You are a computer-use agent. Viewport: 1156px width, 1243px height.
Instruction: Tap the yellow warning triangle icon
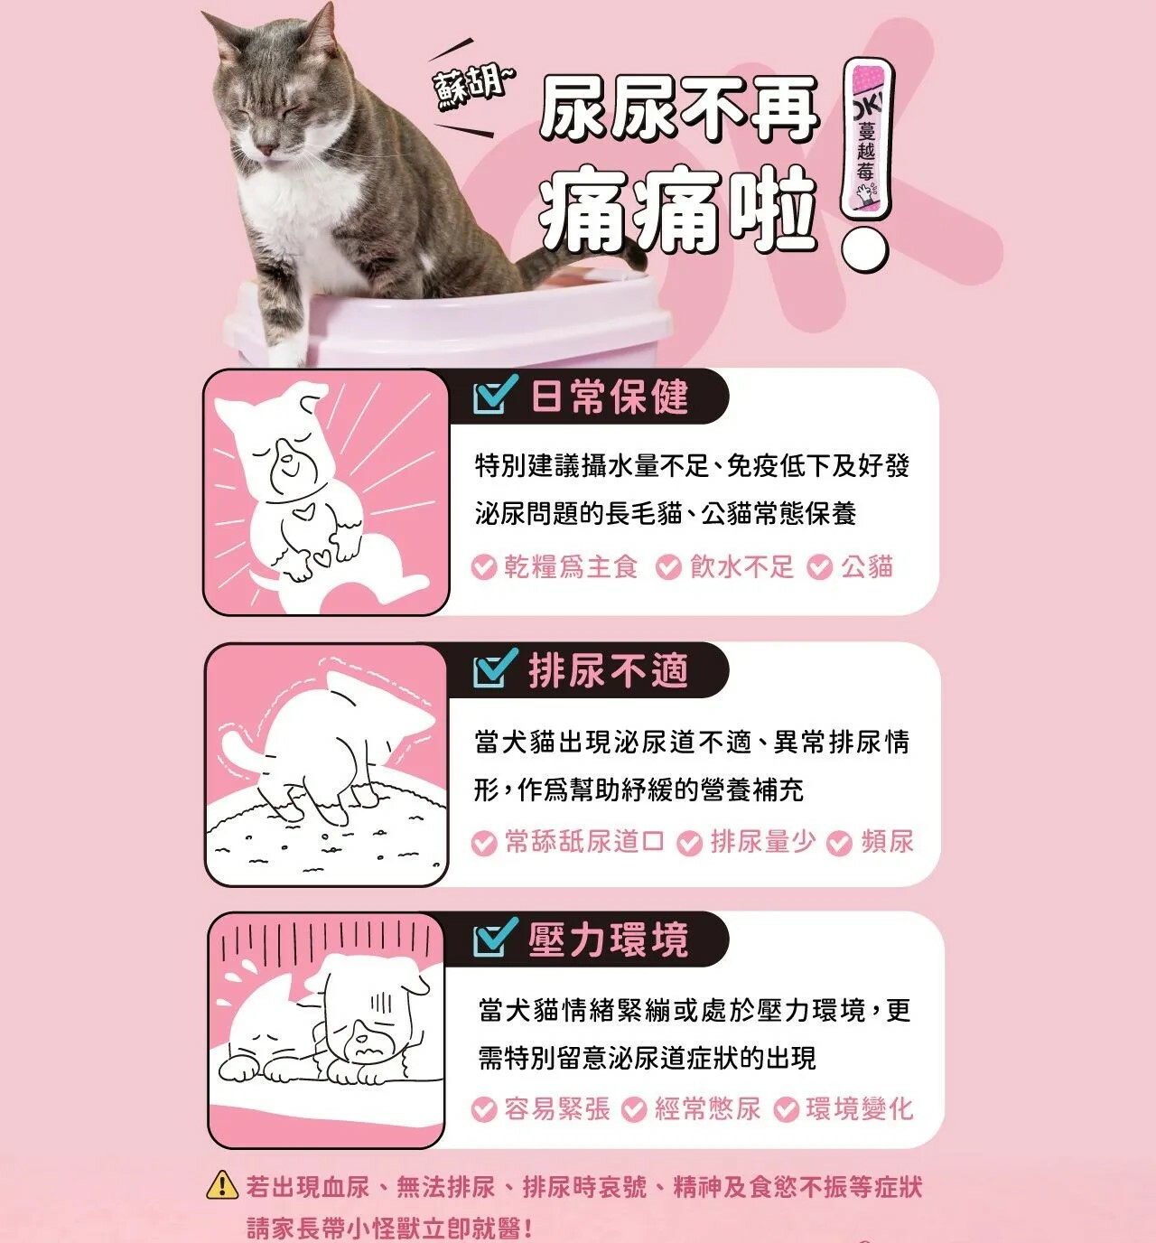pyautogui.click(x=222, y=1184)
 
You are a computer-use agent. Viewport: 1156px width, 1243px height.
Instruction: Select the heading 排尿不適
pyautogui.click(x=609, y=670)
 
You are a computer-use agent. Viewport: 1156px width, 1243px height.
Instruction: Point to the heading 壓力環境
pyautogui.click(x=609, y=940)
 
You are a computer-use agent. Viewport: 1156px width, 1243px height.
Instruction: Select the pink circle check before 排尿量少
pyautogui.click(x=690, y=843)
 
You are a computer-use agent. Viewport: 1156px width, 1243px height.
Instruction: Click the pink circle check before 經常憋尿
pyautogui.click(x=634, y=1109)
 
